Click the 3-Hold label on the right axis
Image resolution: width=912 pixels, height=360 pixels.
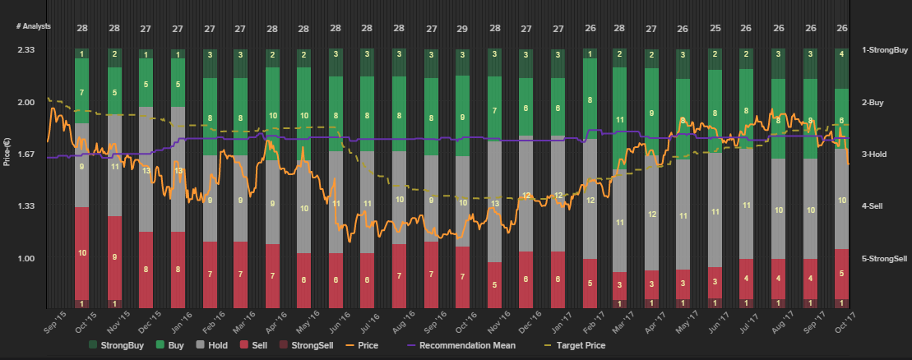877,155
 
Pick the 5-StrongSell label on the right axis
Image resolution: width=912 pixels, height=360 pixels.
884,259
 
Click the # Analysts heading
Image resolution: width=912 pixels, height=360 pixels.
33,26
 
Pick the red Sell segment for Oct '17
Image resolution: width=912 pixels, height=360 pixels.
841,273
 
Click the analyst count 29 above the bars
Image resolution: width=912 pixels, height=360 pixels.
462,28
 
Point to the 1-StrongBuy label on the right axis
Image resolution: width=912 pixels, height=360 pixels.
884,50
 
